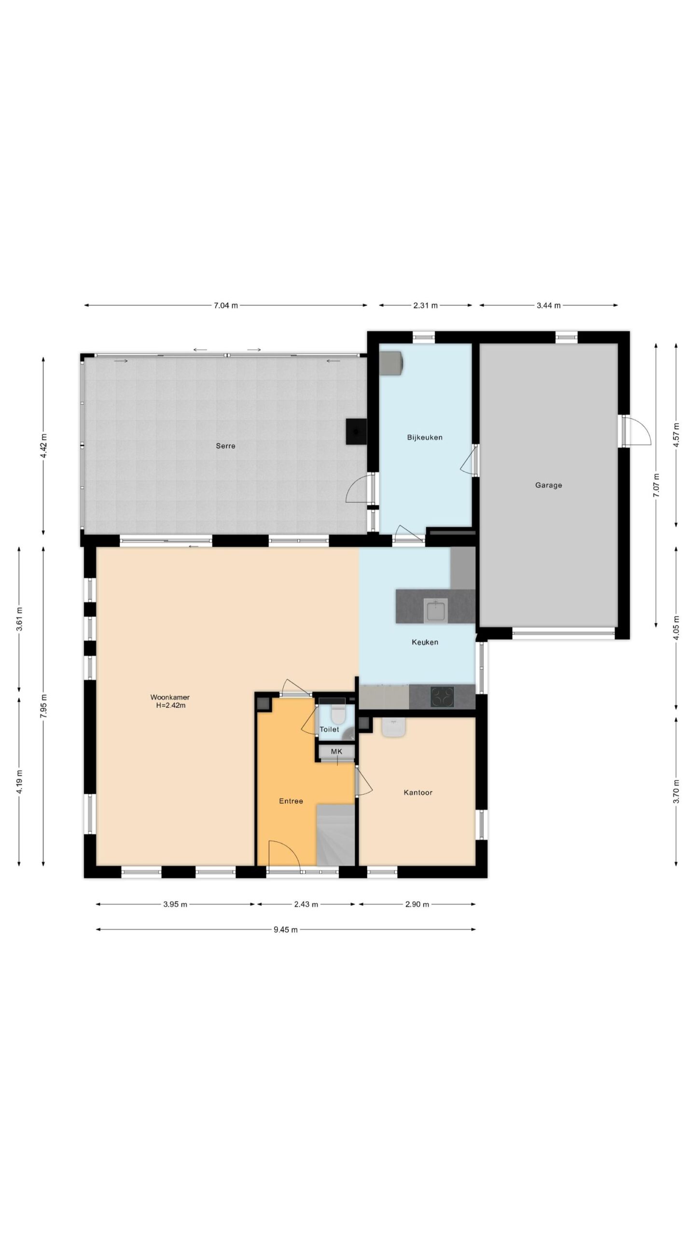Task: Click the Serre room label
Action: (225, 446)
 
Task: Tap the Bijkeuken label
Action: (425, 438)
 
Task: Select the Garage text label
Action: (548, 485)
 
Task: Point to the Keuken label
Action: (425, 642)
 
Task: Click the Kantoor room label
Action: (418, 792)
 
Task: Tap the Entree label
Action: (291, 801)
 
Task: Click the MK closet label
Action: (336, 751)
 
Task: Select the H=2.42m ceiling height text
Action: (169, 705)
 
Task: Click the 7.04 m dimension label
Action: (226, 305)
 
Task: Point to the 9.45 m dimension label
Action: (286, 930)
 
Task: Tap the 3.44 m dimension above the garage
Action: (549, 305)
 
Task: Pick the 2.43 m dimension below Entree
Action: (306, 905)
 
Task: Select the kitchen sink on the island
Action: (436, 610)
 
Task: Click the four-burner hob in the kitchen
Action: (443, 697)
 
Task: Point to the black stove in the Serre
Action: (356, 431)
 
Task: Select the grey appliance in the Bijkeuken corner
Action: (391, 362)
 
